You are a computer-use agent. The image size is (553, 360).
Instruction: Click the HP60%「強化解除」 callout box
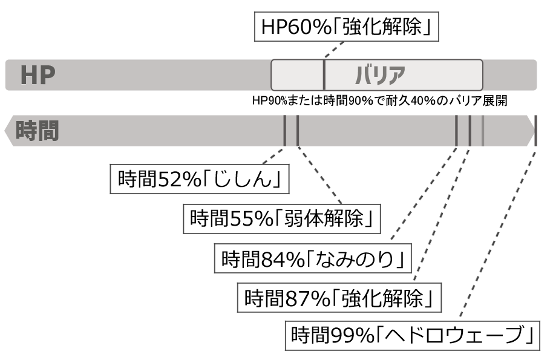coord(345,27)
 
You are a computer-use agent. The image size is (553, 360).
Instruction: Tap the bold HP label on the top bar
coord(38,75)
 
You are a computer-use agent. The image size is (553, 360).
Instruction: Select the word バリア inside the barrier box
coord(379,75)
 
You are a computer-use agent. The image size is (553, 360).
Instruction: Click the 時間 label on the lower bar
coord(38,130)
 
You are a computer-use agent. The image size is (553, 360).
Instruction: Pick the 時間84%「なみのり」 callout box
coord(313,258)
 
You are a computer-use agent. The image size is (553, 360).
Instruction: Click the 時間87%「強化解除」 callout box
coord(339,297)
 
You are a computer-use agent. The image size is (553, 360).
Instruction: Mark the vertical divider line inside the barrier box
coord(325,75)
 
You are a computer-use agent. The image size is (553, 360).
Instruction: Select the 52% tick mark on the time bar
coord(284,130)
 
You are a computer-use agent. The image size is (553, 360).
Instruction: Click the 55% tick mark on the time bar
coord(298,130)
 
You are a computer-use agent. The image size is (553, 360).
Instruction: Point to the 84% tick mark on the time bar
coord(457,130)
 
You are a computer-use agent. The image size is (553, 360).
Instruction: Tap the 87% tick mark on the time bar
coord(470,130)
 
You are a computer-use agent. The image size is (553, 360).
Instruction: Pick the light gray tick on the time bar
coord(482,130)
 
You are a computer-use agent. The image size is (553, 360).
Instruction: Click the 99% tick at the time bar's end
coord(535,130)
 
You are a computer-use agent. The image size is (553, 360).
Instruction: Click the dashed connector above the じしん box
coord(272,155)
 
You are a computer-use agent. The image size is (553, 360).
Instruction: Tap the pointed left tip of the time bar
coord(7,130)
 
